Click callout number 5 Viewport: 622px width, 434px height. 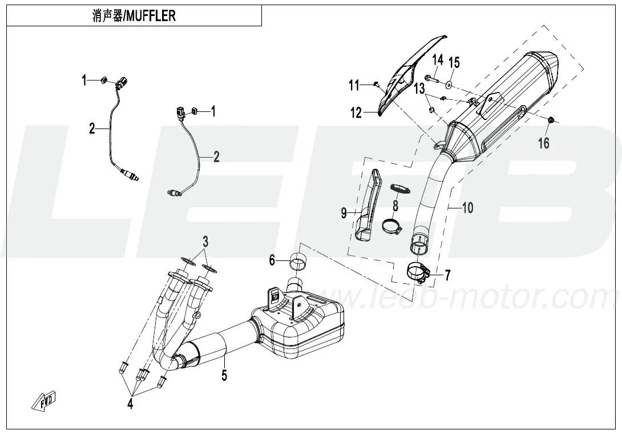pyautogui.click(x=224, y=375)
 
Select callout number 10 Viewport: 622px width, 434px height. pyautogui.click(x=467, y=208)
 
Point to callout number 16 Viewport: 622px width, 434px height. pyautogui.click(x=544, y=143)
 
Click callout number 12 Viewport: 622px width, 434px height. pyautogui.click(x=356, y=113)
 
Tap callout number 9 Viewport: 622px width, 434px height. pyautogui.click(x=344, y=213)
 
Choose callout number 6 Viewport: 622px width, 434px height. pyautogui.click(x=272, y=260)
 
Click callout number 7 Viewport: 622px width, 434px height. pyautogui.click(x=447, y=276)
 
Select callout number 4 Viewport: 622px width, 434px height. pyautogui.click(x=130, y=404)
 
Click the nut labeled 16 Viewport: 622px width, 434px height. pyautogui.click(x=551, y=120)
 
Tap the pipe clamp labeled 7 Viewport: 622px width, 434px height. pyautogui.click(x=419, y=272)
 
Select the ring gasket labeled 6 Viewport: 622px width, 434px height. pyautogui.click(x=297, y=263)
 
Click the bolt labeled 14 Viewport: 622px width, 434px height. pyautogui.click(x=431, y=78)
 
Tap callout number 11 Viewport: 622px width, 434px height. pyautogui.click(x=354, y=86)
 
